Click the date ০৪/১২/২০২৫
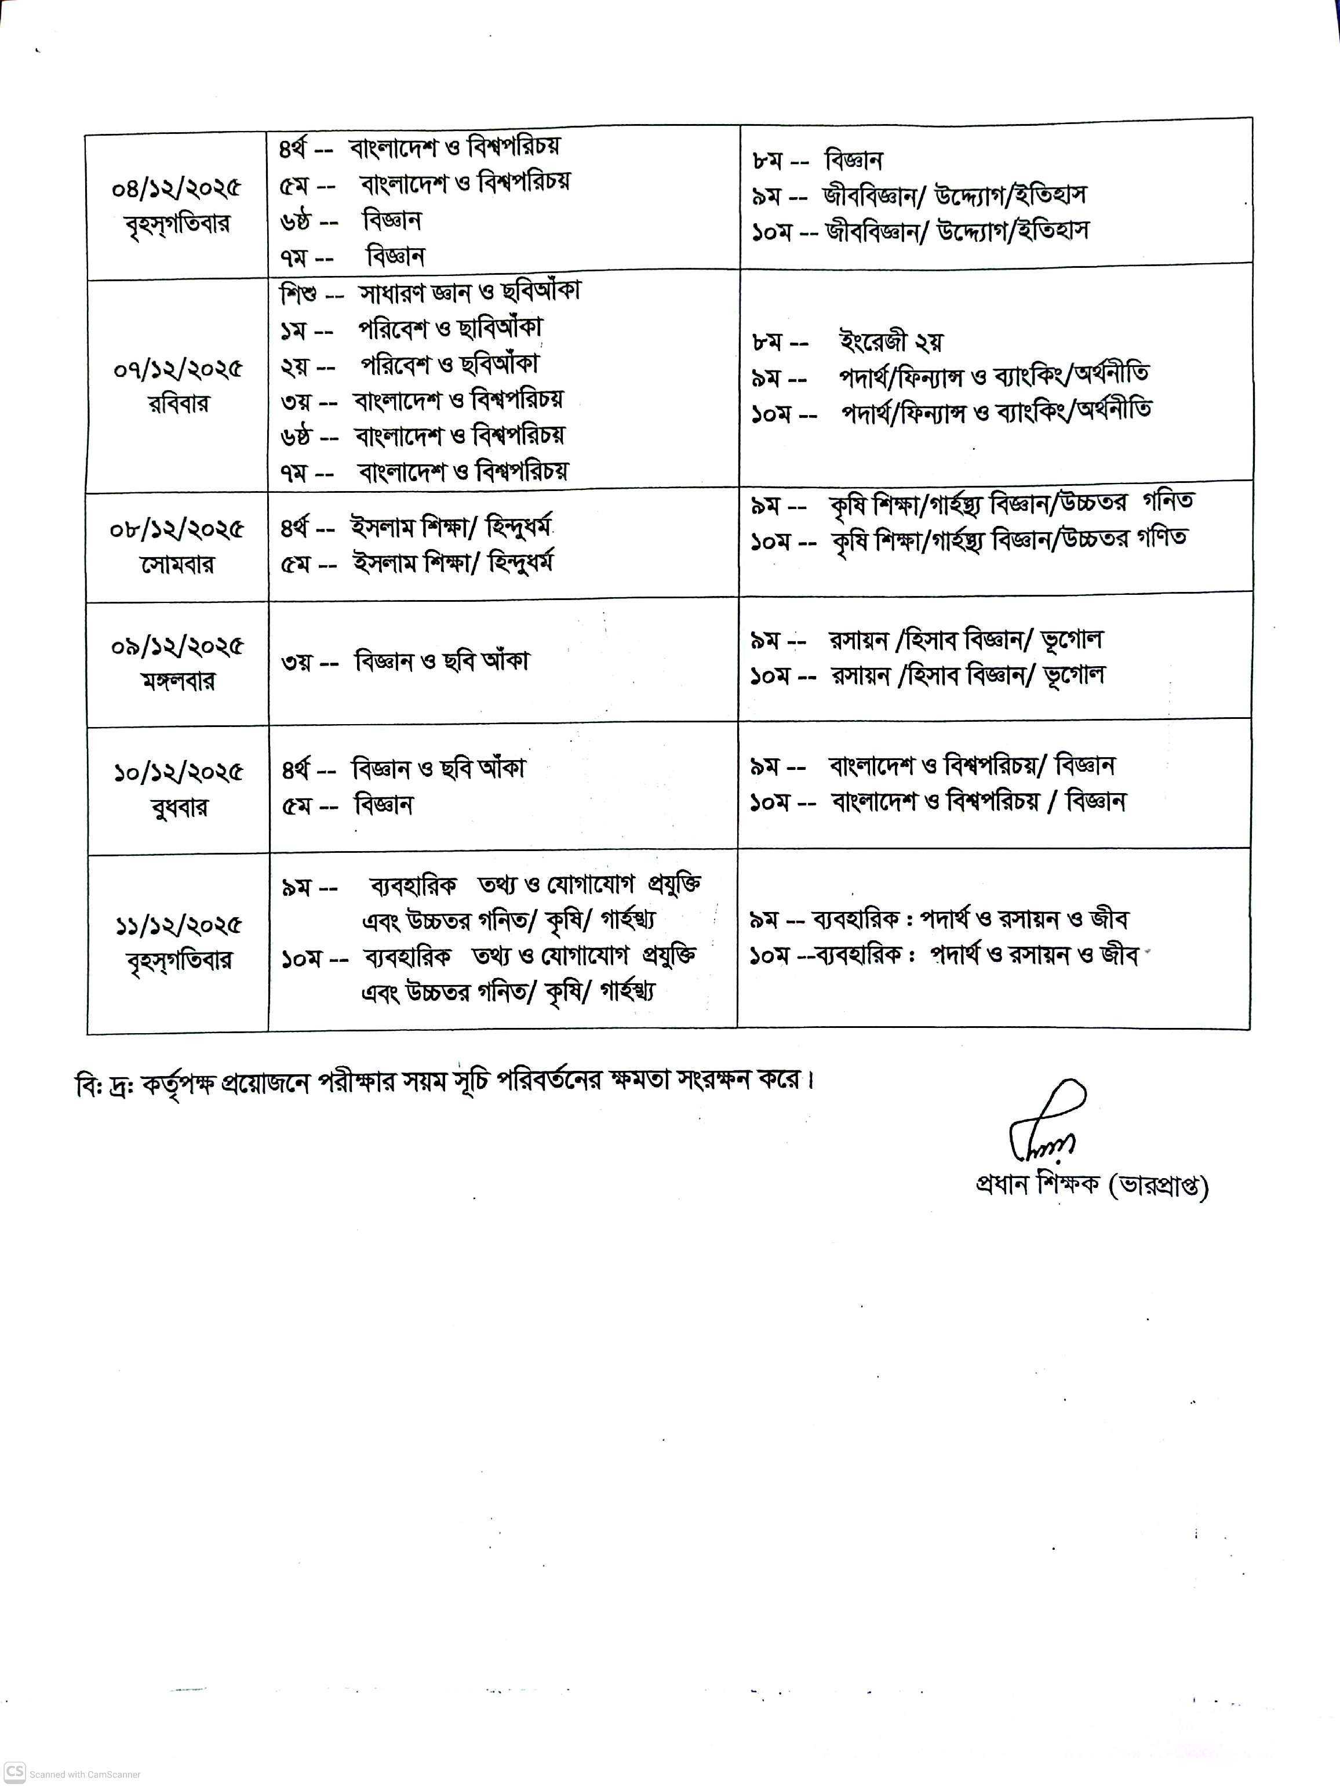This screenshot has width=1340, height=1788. [x=176, y=188]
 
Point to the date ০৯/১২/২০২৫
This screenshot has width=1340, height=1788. [x=177, y=646]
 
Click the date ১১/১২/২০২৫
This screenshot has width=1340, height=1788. [x=178, y=925]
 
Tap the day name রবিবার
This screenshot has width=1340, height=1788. [x=178, y=404]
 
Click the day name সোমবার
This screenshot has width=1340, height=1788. [x=177, y=564]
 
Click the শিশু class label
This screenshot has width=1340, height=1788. [x=297, y=293]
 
